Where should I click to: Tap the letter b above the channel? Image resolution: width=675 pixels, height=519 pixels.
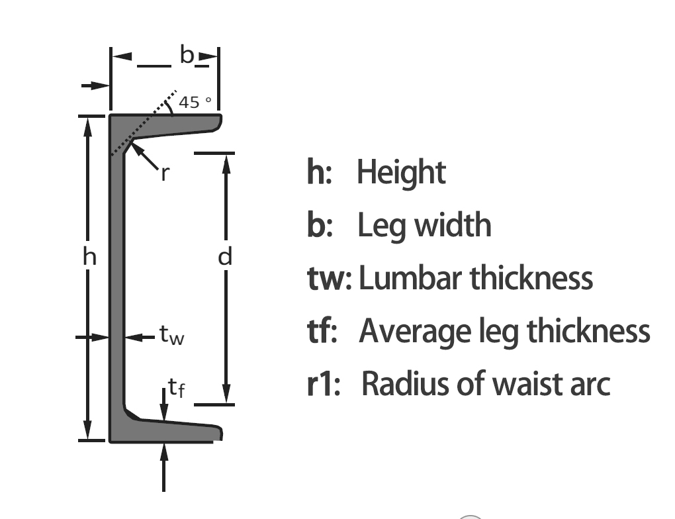pos(187,56)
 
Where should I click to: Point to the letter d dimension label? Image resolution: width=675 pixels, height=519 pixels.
pos(226,257)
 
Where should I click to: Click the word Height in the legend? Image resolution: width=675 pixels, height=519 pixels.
pos(401,173)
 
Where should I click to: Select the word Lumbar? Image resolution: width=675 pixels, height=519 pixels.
pos(410,279)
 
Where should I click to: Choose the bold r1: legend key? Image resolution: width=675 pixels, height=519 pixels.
pos(324,384)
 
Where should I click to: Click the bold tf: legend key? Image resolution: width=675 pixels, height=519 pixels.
pos(322,331)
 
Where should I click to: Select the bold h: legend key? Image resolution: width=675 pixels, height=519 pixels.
pos(320,173)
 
